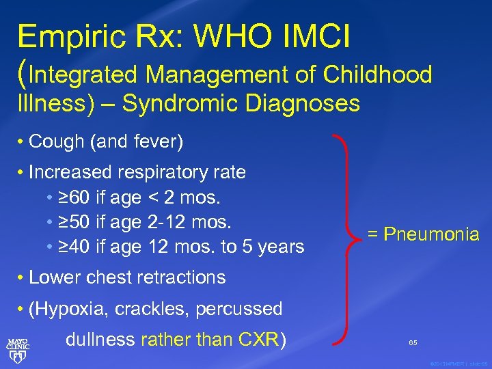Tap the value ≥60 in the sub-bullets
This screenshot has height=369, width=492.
74,197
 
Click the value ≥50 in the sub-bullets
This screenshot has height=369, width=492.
74,222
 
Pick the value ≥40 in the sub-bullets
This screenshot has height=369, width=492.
74,247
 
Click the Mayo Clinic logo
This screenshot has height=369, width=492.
18,346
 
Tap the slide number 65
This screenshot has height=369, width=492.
413,341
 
